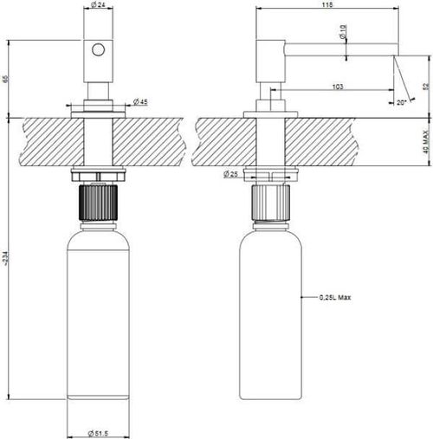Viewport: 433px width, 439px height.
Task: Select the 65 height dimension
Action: pyautogui.click(x=5, y=79)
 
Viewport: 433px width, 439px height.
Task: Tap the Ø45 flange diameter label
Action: pyautogui.click(x=141, y=103)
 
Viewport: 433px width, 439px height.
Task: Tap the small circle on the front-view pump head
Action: pyautogui.click(x=99, y=51)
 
